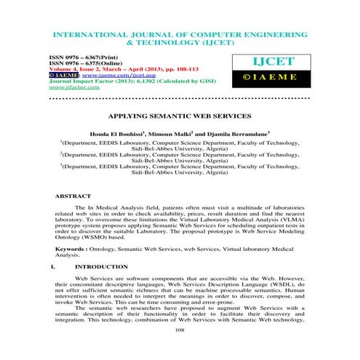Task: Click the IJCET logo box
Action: click(x=298, y=64)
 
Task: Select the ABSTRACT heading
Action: click(x=73, y=196)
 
